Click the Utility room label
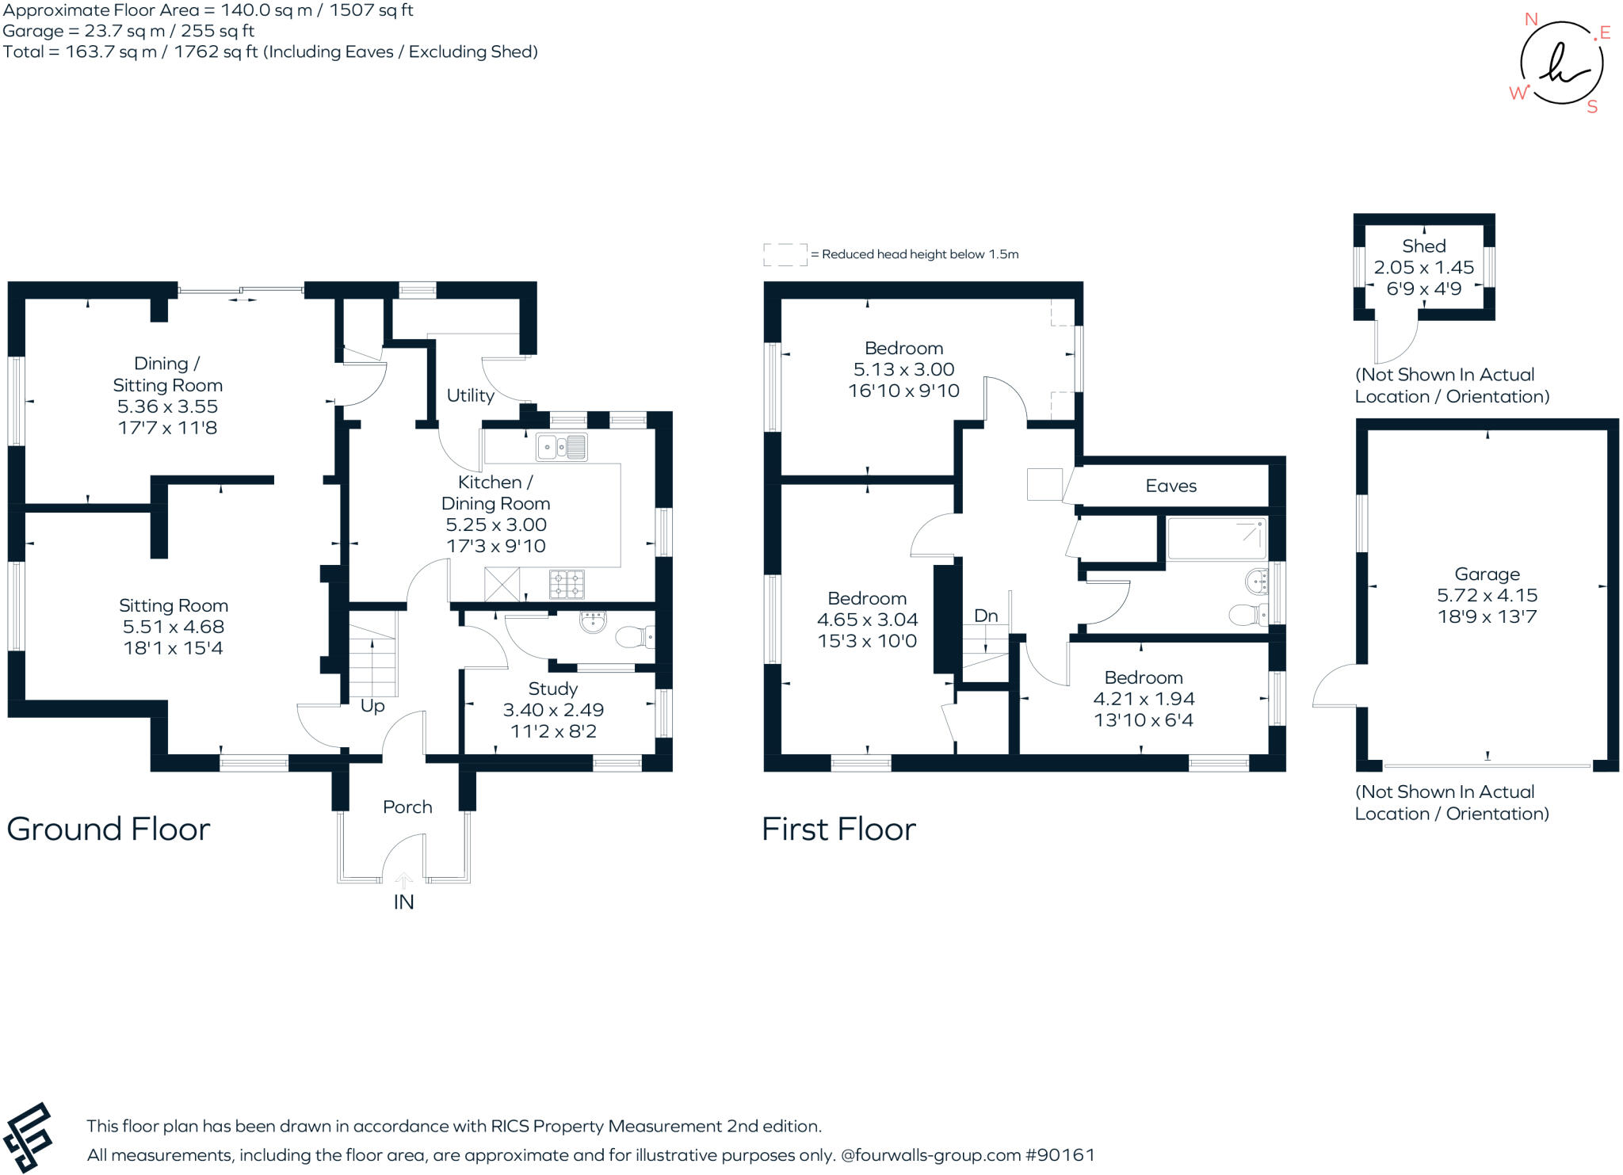pos(470,395)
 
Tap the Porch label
pos(407,807)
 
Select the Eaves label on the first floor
pos(1170,486)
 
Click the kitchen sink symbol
pos(561,448)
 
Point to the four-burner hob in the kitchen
pos(567,585)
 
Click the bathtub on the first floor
pos(1216,539)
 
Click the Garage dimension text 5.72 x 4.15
pos(1487,595)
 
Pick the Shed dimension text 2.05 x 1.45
pos(1423,268)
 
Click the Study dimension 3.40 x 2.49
pos(553,710)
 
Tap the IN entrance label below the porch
pos(403,902)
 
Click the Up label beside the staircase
pos(372,706)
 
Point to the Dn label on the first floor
pos(986,616)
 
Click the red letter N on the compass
pos(1531,20)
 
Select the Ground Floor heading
pos(109,830)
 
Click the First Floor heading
pos(838,830)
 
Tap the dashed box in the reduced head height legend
pos(785,254)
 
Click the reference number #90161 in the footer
pos(1060,1154)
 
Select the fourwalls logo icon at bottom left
pos(28,1137)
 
